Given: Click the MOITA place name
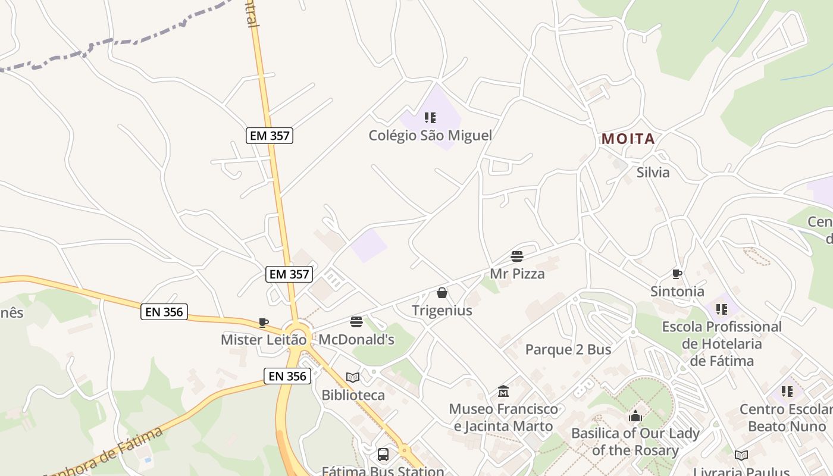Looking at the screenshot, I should coord(628,139).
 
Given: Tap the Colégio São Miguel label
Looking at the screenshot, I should coord(430,136).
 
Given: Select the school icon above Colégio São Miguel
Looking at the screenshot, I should coord(430,118).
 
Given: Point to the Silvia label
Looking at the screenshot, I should coord(653,173).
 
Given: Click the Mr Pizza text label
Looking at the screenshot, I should coord(517,274).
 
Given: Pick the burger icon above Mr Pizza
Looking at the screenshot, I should coord(517,256).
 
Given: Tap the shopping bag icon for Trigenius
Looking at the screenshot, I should coord(442,293).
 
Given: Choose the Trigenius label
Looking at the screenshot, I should coord(442,311).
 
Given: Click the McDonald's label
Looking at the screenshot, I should coord(356,340).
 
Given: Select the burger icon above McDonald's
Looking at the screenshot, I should coord(356,322).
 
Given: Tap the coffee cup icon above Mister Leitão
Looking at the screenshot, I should coord(264,322).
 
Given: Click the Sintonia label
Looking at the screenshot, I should coord(677,292).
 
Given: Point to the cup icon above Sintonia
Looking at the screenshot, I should coord(677,274).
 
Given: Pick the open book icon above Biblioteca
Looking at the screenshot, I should coord(353,377).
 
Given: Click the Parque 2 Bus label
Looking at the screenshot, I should coord(568,350).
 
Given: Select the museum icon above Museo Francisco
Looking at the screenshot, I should coord(503,392).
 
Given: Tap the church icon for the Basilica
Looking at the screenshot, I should coord(635,416).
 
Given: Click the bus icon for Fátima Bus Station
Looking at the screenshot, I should coord(383,455).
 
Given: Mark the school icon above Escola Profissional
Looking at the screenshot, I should coord(722,309).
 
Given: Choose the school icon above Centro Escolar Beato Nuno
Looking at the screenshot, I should coord(787,392).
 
